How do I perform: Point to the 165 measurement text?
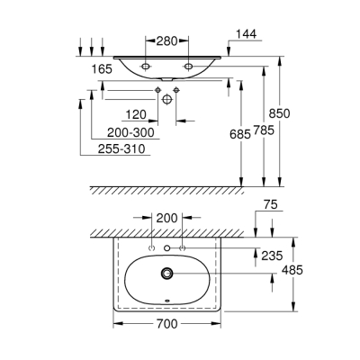(101, 67)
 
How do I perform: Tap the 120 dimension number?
(136, 116)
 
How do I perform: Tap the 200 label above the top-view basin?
(167, 219)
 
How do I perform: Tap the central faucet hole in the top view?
(167, 248)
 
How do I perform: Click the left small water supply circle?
(157, 91)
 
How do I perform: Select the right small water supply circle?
(177, 91)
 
